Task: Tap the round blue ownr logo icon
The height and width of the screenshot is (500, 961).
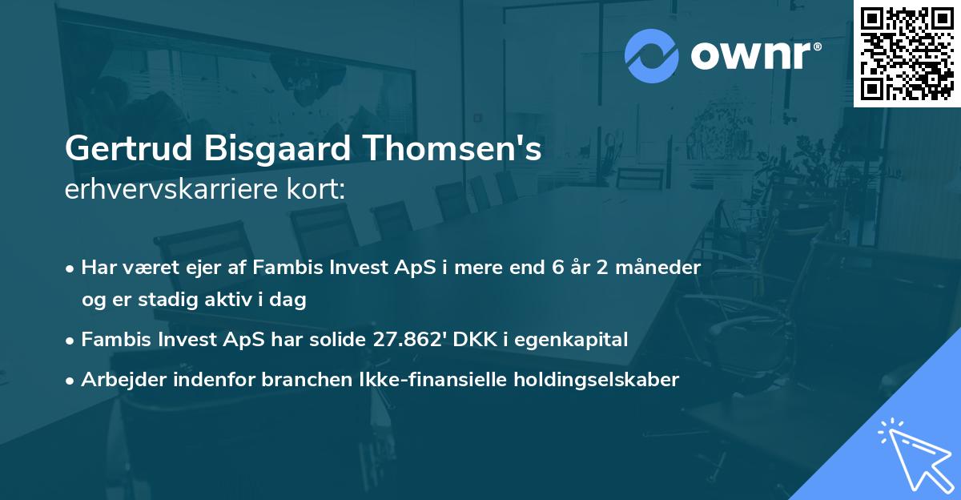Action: pyautogui.click(x=652, y=55)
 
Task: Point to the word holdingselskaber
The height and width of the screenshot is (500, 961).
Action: pyautogui.click(x=593, y=380)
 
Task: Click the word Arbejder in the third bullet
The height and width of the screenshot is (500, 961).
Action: pyautogui.click(x=118, y=380)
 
